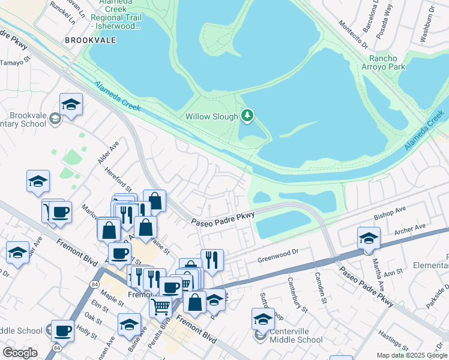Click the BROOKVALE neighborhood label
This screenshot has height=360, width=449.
pos(91,40)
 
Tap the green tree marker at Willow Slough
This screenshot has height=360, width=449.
pos(247,115)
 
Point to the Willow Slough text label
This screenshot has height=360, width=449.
pos(211,116)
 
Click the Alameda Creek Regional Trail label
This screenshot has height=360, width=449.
pos(116,17)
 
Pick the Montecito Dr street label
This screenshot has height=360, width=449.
pos(353,33)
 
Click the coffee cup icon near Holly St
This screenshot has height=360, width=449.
pos(62,330)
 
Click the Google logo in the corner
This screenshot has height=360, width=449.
pos(20,353)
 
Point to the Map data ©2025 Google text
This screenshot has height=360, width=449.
pos(412,355)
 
